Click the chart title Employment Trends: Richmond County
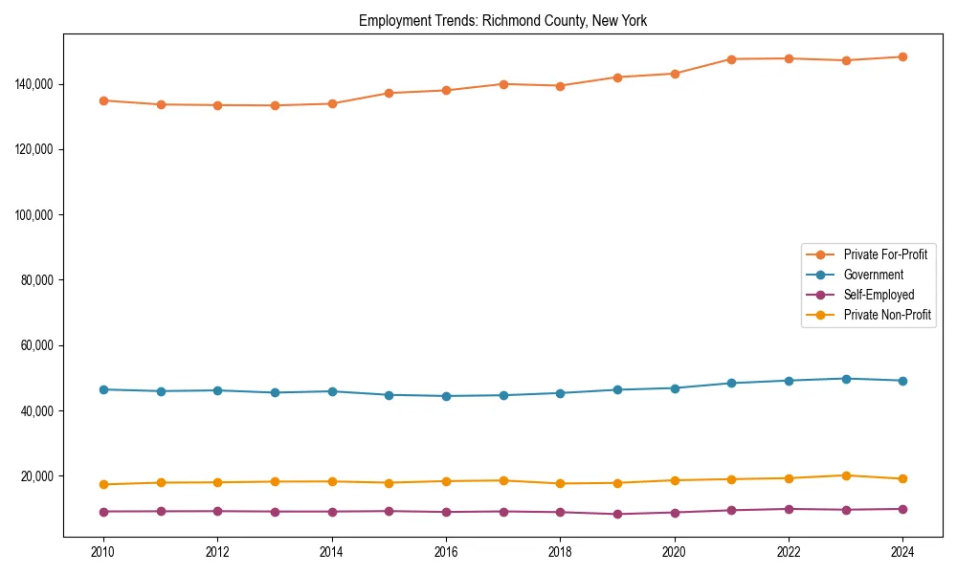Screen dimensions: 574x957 502,21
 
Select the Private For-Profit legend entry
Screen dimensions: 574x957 884,254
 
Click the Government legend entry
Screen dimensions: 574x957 873,275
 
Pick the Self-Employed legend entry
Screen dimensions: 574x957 879,295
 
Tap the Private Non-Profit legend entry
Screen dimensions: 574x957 887,315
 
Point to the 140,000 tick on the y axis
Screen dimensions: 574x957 34,84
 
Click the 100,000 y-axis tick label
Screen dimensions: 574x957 34,215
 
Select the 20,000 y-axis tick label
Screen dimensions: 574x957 37,476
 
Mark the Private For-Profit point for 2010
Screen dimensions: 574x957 103,100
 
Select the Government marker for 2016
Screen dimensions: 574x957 446,396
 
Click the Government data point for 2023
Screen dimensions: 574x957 846,379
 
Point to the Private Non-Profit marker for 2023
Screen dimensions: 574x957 846,475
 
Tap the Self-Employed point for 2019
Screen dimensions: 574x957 617,514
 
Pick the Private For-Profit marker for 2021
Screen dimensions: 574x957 731,59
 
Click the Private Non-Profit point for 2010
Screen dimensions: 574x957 103,484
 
